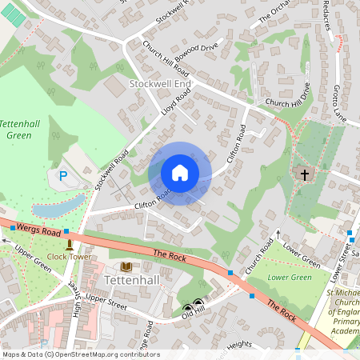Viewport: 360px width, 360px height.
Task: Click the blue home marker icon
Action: click(x=180, y=173)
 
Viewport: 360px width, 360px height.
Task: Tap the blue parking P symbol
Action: click(x=63, y=175)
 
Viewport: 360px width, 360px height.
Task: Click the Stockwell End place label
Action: click(x=160, y=83)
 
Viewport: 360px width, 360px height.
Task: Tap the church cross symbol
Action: click(x=303, y=174)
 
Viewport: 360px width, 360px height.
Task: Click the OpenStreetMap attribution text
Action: click(x=80, y=354)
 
